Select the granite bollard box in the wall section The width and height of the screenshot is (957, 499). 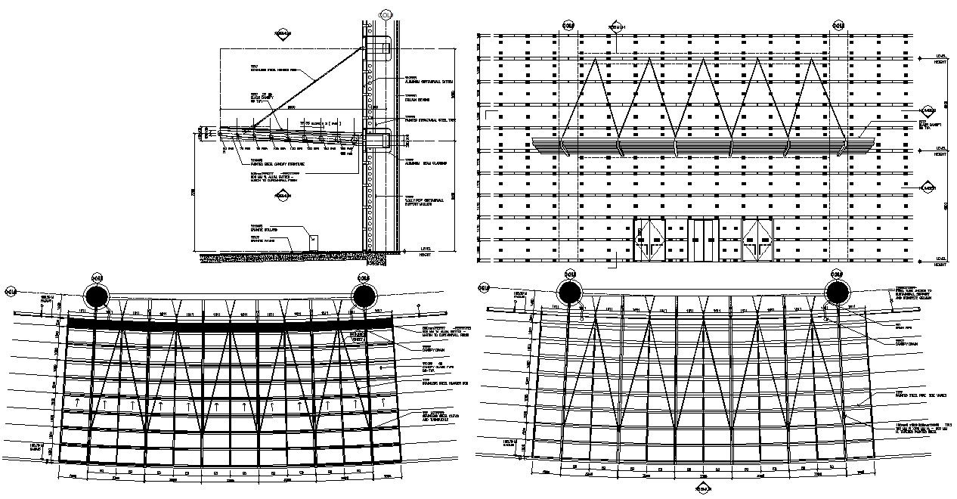pyautogui.click(x=312, y=243)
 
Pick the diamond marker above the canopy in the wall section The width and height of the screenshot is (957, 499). pyautogui.click(x=283, y=35)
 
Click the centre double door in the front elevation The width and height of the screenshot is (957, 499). pyautogui.click(x=704, y=240)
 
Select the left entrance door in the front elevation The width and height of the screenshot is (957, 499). pyautogui.click(x=649, y=240)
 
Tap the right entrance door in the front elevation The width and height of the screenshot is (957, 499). pyautogui.click(x=758, y=240)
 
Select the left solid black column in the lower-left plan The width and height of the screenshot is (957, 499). pyautogui.click(x=97, y=294)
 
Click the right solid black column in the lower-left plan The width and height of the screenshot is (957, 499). pyautogui.click(x=364, y=294)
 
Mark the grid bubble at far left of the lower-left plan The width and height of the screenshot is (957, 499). pyautogui.click(x=11, y=291)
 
